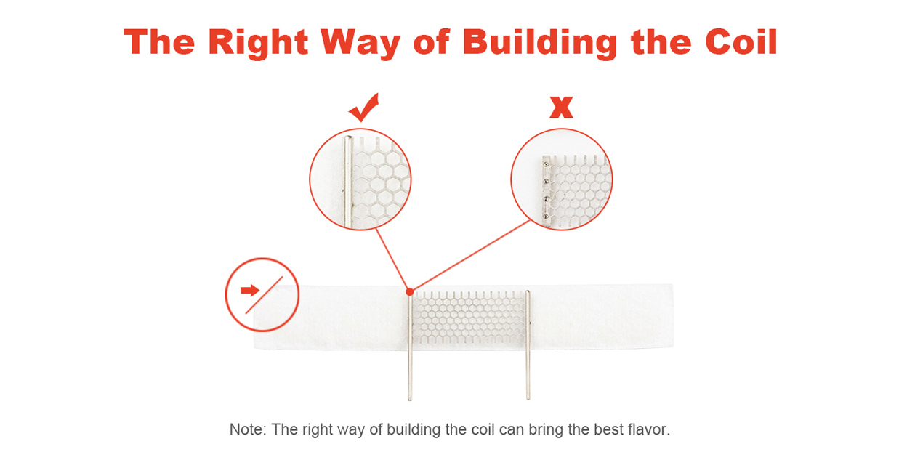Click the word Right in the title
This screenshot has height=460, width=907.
258,43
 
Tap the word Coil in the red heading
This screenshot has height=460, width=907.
741,41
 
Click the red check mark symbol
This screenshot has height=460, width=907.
364,108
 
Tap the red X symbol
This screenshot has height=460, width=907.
561,107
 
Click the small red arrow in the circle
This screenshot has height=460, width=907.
250,291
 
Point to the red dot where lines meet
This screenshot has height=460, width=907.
410,291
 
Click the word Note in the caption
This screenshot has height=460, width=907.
247,429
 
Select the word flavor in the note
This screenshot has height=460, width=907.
649,429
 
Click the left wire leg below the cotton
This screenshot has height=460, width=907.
410,374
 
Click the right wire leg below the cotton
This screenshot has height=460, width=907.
528,374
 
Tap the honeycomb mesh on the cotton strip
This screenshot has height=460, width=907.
469,318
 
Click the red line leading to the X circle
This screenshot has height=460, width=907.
470,256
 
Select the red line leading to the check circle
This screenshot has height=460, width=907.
392,259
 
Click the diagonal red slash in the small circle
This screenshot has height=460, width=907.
264,295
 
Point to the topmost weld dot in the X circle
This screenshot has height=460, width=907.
546,164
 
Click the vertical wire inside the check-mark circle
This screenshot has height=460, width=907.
348,182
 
